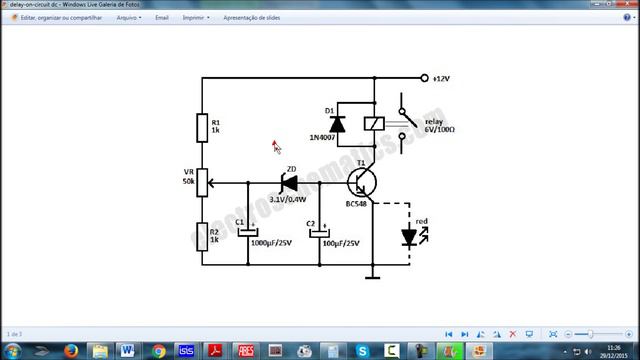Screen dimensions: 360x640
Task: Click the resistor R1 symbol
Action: (202, 127)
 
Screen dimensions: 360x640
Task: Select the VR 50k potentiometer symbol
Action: (202, 183)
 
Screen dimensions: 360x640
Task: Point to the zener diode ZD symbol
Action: (289, 183)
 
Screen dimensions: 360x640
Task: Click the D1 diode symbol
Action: (337, 123)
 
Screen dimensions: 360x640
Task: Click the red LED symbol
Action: (409, 237)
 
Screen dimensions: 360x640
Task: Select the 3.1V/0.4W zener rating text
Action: (289, 200)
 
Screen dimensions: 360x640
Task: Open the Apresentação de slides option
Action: (251, 17)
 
